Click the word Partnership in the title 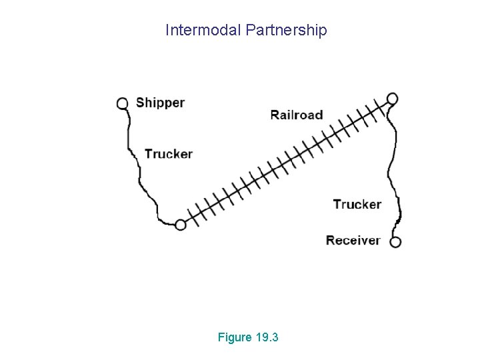(286, 31)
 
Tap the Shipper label (160, 103)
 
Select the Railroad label (296, 115)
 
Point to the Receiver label (353, 240)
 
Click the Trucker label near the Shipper (168, 154)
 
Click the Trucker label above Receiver (357, 204)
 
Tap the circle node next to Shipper (123, 103)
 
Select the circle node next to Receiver (395, 241)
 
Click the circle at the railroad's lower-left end (180, 225)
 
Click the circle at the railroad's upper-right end (393, 99)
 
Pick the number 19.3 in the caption (267, 337)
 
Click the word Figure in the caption (235, 337)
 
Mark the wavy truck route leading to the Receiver (394, 167)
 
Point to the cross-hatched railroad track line (287, 161)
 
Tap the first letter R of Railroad (275, 115)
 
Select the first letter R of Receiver (330, 240)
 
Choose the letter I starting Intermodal (167, 31)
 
